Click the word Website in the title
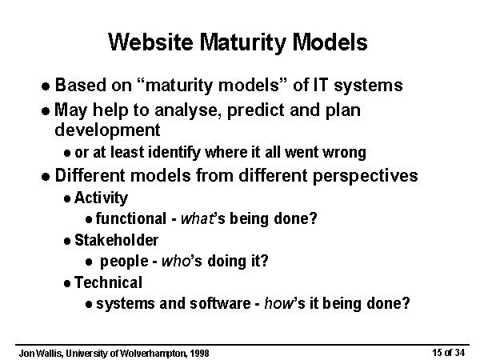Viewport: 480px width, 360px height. click(x=150, y=42)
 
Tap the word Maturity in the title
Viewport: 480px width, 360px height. click(x=242, y=43)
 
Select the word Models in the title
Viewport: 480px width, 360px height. click(x=330, y=42)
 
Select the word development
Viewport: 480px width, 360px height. click(x=107, y=130)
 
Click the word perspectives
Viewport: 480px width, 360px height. click(x=365, y=177)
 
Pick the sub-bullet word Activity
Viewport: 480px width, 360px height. click(x=101, y=198)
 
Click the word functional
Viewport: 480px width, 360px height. click(x=131, y=218)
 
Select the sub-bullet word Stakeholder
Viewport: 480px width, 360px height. click(x=116, y=240)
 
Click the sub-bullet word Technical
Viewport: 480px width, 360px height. click(x=108, y=282)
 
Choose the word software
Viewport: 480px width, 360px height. click(x=220, y=304)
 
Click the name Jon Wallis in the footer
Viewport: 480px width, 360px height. click(x=42, y=354)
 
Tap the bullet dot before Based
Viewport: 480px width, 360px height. click(x=46, y=86)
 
